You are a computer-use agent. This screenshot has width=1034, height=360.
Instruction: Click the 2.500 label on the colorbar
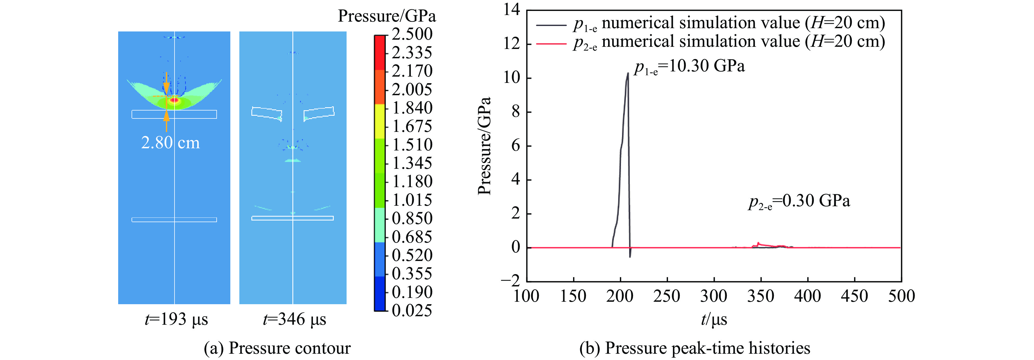(412, 34)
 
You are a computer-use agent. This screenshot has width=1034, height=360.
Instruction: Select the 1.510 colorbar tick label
(412, 145)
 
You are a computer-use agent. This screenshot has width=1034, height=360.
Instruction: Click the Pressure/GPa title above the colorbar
(387, 16)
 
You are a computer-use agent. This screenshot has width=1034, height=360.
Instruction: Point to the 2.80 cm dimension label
(170, 143)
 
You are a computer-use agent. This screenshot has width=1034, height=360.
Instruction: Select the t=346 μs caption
(294, 320)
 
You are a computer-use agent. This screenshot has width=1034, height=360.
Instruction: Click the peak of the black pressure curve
(628, 73)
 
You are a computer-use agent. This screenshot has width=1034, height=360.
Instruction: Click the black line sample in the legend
(551, 25)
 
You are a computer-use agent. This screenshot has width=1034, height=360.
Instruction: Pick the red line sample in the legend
(551, 43)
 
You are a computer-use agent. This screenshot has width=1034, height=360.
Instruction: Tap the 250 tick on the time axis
(667, 297)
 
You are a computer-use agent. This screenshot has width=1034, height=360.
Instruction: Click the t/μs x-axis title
(714, 320)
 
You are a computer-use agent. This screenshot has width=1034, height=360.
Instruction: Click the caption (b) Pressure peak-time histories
(695, 348)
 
